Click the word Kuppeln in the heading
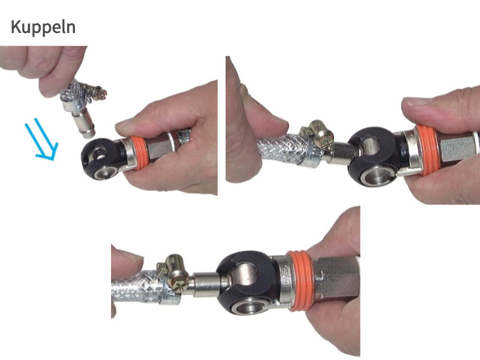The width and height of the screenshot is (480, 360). point(43,28)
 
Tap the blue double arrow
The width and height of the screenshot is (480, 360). point(41,139)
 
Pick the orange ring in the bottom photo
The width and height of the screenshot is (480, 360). point(299,281)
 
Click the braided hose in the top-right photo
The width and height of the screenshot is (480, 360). point(281,150)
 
